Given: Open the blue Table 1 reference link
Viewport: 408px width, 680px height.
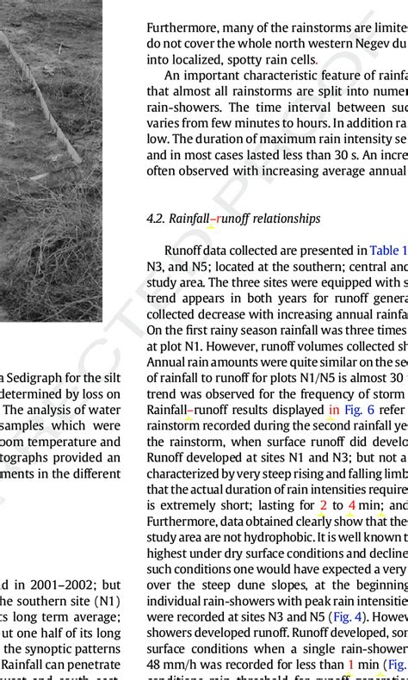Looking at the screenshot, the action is pyautogui.click(x=386, y=250).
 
